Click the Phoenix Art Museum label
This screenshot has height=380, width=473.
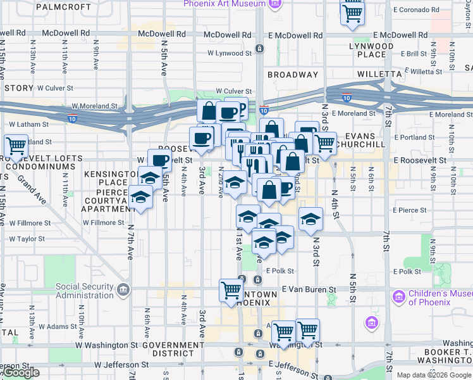pyautogui.click(x=224, y=4)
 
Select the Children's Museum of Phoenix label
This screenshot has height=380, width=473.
pyautogui.click(x=439, y=297)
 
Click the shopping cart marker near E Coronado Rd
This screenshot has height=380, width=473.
pyautogui.click(x=352, y=13)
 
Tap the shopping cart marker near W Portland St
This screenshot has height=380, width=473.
pyautogui.click(x=16, y=146)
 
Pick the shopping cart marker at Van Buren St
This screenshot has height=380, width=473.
pyautogui.click(x=231, y=291)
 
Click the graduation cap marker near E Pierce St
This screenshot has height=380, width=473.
pyautogui.click(x=310, y=219)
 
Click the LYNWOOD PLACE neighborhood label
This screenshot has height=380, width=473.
pyautogui.click(x=371, y=51)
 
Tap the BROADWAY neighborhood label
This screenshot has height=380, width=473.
pyautogui.click(x=293, y=75)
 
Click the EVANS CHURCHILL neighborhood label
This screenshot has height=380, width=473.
pyautogui.click(x=360, y=140)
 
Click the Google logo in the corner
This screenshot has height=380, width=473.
pyautogui.click(x=21, y=373)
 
